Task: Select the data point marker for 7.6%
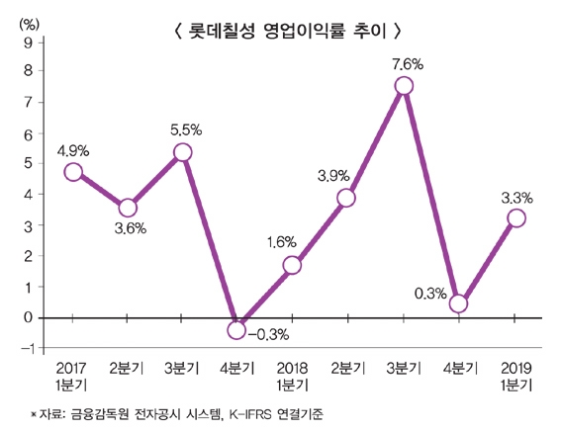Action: pos(404,86)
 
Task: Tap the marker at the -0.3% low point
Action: pos(236,329)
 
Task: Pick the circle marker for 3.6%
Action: pos(128,208)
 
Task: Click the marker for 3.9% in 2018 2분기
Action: pos(346,198)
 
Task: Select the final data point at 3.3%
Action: pos(515,218)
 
